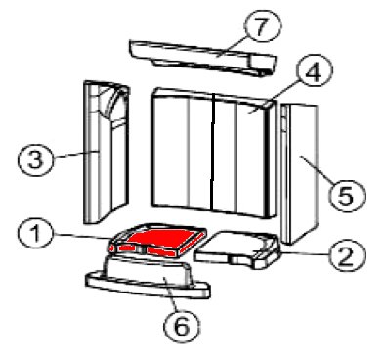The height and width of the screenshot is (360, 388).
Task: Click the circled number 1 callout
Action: click(35, 234)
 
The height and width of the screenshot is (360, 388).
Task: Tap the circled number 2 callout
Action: click(347, 255)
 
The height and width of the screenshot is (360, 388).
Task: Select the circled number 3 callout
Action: click(35, 160)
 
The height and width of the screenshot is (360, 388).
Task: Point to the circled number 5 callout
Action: click(347, 195)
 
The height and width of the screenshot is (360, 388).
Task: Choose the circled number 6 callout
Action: click(182, 325)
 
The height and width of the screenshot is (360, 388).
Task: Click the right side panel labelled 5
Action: click(299, 173)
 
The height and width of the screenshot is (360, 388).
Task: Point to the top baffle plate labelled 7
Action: click(202, 58)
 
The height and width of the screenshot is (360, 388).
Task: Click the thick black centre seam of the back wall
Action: click(212, 152)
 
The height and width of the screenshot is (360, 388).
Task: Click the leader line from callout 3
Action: click(75, 154)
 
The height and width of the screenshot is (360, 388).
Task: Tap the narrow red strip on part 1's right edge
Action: click(193, 244)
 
